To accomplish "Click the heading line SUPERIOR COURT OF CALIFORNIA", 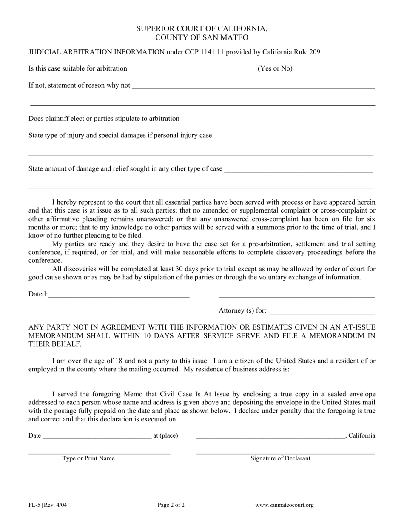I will pos(202,29).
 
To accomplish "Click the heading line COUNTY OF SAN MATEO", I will pos(202,37).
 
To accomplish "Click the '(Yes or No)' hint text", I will pos(275,68).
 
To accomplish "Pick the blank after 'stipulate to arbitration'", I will pos(277,120).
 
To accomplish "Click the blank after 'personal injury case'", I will pos(293,136).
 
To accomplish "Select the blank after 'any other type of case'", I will pos(298,170).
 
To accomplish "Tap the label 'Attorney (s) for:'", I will pos(242,311).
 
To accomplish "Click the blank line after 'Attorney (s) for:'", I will pos(322,312).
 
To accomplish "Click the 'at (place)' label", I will pos(165,435).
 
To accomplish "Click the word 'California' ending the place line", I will pos(361,435).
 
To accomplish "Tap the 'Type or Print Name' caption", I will pos(88,458).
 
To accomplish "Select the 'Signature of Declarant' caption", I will pos(280,458).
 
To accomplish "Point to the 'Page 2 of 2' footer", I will pos(171,505).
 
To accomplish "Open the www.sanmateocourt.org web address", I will pos(285,505).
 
